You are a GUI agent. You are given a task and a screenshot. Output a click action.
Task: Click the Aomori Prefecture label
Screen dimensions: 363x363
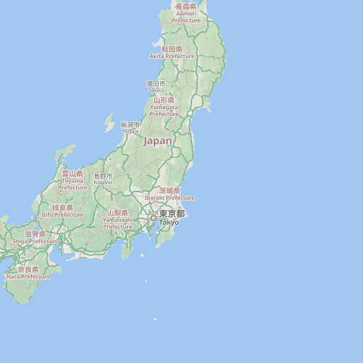(186, 13)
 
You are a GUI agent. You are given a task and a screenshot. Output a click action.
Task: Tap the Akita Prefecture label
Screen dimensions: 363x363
(172, 52)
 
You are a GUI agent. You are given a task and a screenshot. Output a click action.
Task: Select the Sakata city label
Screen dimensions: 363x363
(156, 86)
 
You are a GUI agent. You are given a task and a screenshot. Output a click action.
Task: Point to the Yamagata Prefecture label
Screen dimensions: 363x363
(164, 107)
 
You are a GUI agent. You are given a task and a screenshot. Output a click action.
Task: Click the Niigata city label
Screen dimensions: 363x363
(130, 128)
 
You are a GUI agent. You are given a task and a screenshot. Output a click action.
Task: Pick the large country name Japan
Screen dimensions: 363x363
(157, 141)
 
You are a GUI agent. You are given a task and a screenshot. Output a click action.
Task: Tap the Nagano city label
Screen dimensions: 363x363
(103, 179)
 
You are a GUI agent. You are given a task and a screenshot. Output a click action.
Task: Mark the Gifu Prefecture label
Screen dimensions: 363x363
(57, 211)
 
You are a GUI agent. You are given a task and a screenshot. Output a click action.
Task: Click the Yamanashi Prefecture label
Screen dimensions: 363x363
(118, 219)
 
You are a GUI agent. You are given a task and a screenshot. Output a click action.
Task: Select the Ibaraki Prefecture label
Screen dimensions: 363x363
(169, 194)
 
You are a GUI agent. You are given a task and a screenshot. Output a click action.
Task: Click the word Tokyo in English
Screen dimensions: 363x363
(169, 223)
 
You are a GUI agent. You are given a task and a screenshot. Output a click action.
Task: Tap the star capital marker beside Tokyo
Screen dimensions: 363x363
(153, 218)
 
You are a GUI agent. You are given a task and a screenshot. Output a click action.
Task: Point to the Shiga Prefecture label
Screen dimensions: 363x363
(35, 238)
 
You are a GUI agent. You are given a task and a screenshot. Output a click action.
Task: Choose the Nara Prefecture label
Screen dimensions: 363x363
(28, 273)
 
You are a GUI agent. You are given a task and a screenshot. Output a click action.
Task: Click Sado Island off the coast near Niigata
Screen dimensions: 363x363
(109, 123)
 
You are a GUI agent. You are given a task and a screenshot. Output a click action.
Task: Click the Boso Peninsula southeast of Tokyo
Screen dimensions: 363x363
(165, 234)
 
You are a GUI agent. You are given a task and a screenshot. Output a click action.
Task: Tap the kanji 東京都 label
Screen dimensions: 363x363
(172, 213)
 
